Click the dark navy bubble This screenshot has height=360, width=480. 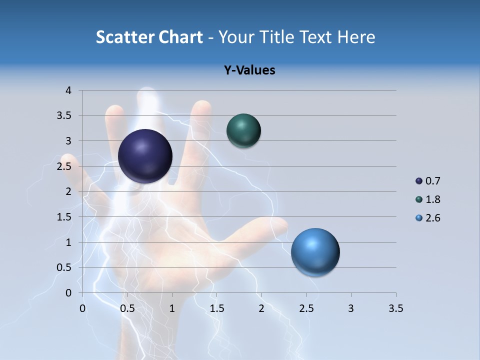145,156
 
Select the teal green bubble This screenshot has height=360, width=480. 243,130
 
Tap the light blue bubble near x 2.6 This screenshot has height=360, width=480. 315,252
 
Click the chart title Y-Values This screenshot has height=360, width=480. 249,70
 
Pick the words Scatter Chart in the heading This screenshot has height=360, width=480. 149,37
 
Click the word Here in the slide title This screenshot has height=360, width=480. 356,37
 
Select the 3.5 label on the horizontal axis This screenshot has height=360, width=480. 395,308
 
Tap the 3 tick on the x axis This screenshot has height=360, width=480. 351,308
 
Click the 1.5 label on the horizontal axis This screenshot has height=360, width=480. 216,308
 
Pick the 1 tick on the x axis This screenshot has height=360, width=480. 172,308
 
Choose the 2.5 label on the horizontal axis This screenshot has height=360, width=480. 306,308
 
